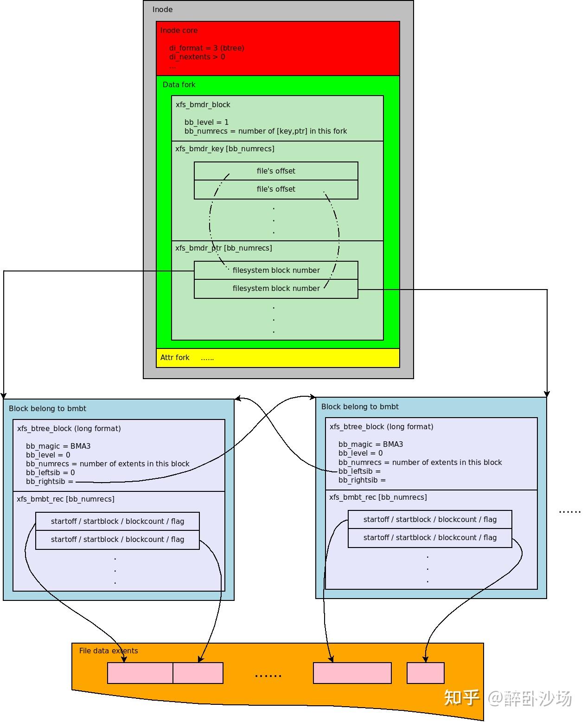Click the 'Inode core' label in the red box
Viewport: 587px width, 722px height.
179,31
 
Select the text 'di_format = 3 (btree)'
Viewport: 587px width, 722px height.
206,48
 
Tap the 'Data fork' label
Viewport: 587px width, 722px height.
179,84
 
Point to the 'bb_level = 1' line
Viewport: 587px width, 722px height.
206,122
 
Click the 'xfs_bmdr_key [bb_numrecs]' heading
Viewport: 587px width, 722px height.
224,148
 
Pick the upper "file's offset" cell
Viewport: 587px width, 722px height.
276,171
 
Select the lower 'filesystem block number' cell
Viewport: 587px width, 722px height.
276,288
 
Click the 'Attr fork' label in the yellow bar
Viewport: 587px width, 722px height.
175,357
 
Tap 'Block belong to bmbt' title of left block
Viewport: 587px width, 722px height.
47,408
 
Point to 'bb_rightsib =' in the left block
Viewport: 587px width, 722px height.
49,481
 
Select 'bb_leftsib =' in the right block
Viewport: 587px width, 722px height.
359,471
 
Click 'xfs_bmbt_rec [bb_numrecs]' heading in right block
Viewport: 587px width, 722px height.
378,497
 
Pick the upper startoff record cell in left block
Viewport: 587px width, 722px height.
117,521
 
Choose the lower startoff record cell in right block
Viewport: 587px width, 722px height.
430,537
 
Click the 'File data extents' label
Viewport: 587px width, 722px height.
108,651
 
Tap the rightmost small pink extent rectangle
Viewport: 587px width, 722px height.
425,673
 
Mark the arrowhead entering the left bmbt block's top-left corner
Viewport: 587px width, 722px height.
4,395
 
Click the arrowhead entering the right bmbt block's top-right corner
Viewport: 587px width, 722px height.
547,393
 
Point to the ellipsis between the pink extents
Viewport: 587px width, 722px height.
268,676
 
